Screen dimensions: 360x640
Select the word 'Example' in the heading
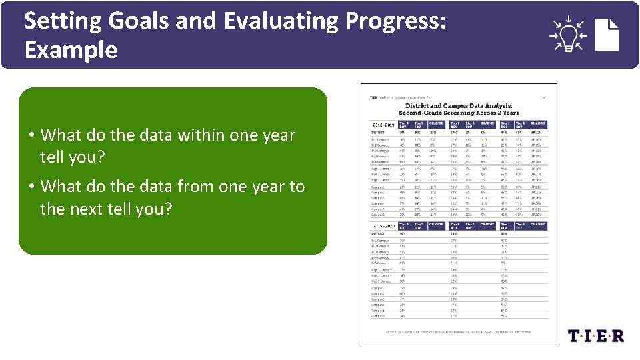coord(71,50)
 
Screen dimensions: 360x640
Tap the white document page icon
coord(607,35)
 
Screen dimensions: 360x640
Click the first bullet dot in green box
coord(31,135)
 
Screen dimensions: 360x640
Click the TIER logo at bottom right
coord(595,335)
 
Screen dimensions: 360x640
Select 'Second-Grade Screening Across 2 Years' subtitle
coord(458,113)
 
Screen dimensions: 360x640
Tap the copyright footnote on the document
coord(457,331)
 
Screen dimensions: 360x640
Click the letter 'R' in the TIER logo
coord(617,335)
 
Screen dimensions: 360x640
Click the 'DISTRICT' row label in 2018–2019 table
coord(379,132)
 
